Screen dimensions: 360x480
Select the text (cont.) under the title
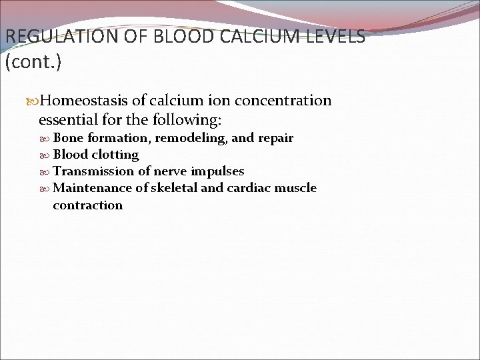pos(33,63)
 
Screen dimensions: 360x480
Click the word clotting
pos(115,155)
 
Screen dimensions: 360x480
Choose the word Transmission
pos(94,171)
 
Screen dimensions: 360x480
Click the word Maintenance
pos(93,188)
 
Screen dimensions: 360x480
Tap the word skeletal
pos(174,188)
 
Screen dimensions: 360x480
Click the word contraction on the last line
pos(87,205)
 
